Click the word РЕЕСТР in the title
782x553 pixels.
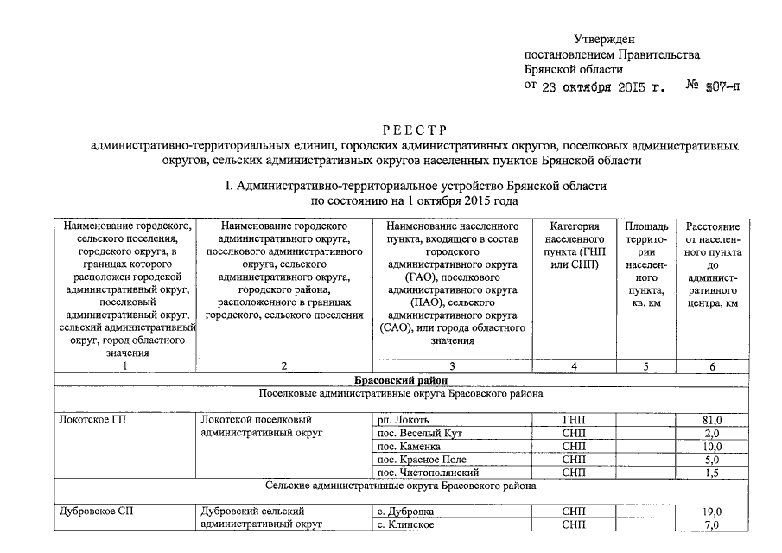coord(416,130)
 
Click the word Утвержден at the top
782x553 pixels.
coord(605,39)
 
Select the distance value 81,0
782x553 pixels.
coord(712,420)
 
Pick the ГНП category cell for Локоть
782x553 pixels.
coord(573,420)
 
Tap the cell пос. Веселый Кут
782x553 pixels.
coord(423,433)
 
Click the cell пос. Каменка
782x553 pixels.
coord(410,447)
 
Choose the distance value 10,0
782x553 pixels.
coord(712,447)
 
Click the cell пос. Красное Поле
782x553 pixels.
coord(422,460)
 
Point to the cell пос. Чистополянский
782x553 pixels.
coord(427,473)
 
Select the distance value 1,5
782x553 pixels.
coord(712,473)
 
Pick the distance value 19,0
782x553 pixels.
coord(712,512)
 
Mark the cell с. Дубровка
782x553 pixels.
coord(406,512)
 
